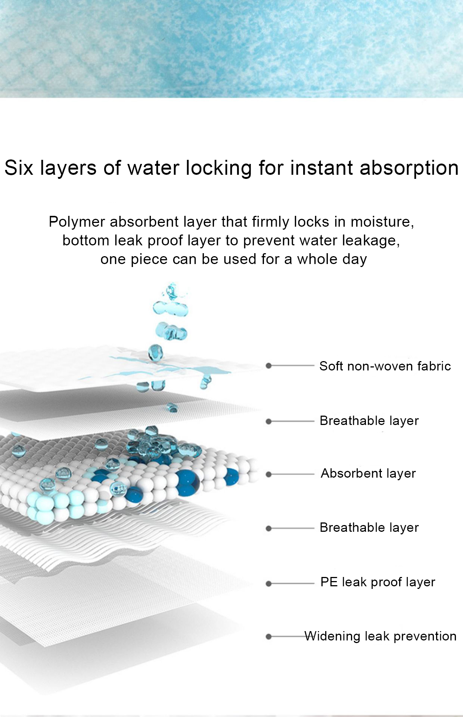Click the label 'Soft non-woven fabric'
click(x=385, y=366)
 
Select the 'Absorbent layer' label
click(x=368, y=474)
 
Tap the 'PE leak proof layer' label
click(x=378, y=582)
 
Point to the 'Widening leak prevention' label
click(x=380, y=636)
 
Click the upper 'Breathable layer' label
click(x=369, y=421)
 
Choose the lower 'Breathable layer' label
click(x=369, y=528)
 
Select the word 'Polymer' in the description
click(x=77, y=222)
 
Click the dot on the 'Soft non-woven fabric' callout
click(x=268, y=366)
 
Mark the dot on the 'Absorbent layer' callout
click(x=268, y=474)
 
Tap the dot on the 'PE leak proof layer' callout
click(x=268, y=583)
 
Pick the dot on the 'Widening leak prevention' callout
click(x=268, y=637)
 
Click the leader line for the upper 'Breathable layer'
click(x=292, y=422)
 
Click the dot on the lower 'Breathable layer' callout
click(x=268, y=528)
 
